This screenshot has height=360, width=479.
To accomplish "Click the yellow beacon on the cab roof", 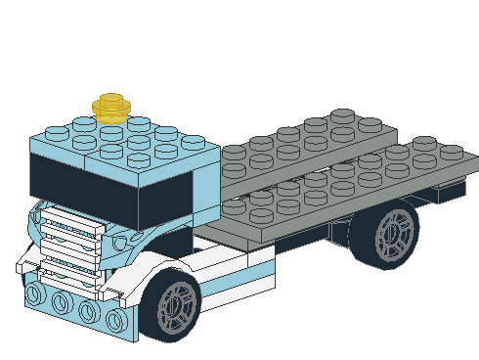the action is click(112, 106).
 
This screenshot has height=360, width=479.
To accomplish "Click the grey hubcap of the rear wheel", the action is click(396, 233).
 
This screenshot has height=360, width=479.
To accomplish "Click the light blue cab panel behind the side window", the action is click(207, 186).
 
